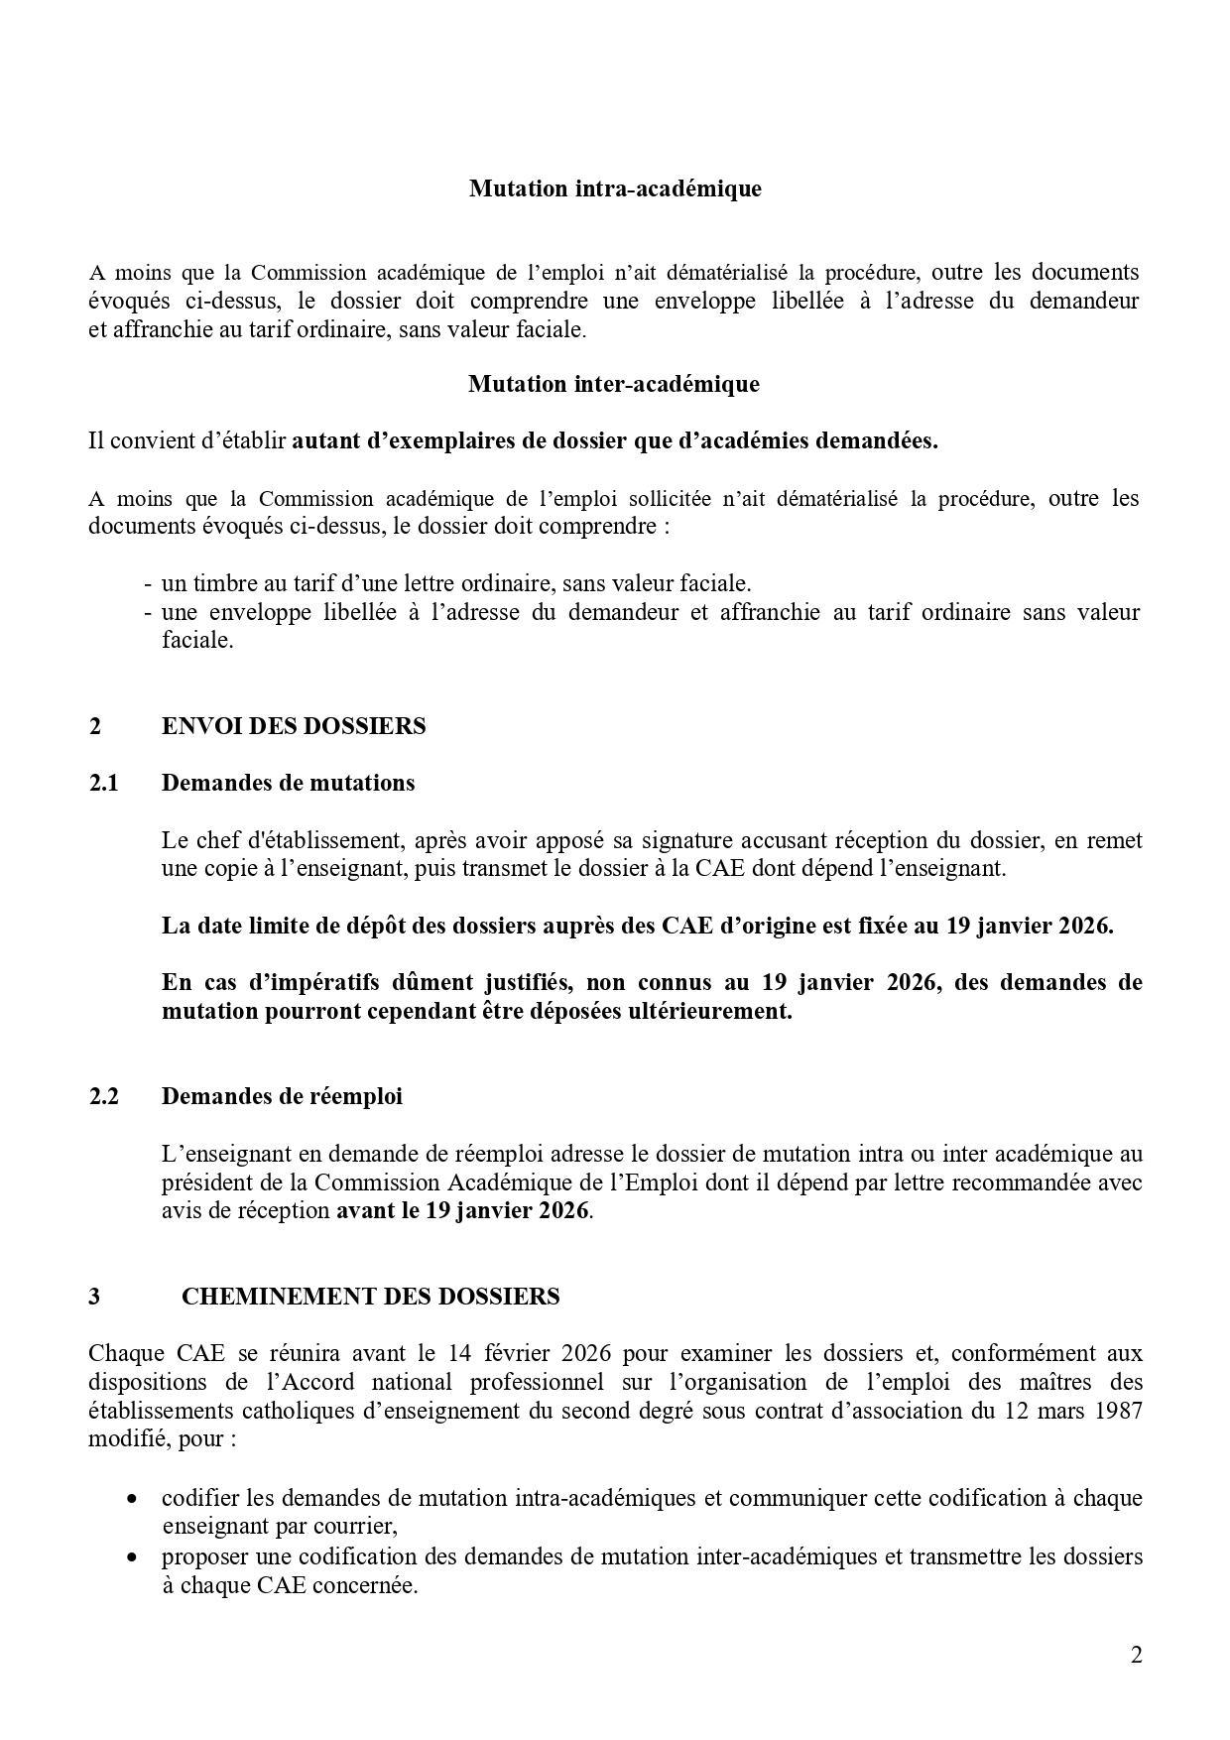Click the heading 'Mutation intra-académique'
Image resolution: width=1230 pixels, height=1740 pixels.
(x=615, y=188)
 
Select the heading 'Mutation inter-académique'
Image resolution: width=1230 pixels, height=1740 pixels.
(x=614, y=384)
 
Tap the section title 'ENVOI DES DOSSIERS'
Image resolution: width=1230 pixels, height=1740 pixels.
(x=294, y=726)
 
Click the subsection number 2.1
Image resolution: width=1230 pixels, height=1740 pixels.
(x=103, y=783)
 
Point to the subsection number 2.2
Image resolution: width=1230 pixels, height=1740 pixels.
(x=103, y=1096)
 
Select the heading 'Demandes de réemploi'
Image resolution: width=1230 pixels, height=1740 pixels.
(x=282, y=1096)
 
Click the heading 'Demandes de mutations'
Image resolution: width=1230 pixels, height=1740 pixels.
(x=288, y=783)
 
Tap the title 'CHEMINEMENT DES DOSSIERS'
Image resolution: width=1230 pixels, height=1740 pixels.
(x=370, y=1297)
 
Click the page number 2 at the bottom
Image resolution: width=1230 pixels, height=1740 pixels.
(x=1136, y=1655)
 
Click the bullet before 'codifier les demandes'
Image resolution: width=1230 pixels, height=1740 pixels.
(x=132, y=1499)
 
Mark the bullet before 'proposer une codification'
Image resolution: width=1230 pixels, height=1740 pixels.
(x=132, y=1556)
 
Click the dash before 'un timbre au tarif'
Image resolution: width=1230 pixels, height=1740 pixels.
(x=148, y=583)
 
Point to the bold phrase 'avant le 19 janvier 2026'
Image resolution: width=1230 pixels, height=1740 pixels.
(x=463, y=1210)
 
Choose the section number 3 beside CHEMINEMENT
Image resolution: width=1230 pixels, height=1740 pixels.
(x=94, y=1297)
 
